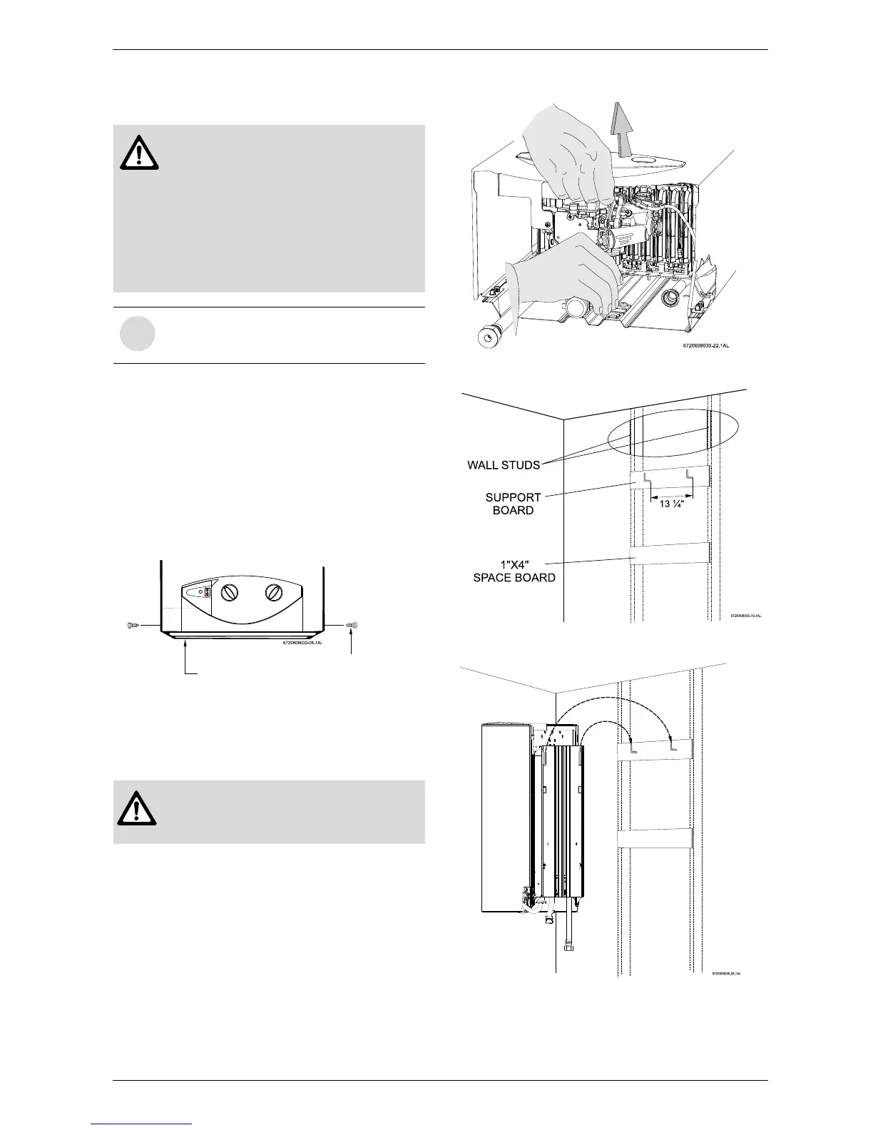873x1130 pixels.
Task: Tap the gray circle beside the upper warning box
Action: (x=137, y=335)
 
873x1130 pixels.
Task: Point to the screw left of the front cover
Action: (x=131, y=626)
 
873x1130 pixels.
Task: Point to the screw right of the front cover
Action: (x=352, y=626)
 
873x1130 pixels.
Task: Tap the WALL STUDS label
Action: (x=503, y=465)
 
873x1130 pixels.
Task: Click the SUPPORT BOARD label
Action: (x=514, y=504)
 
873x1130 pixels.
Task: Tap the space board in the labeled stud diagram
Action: (x=670, y=554)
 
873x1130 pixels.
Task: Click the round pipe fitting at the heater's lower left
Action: (x=489, y=335)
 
